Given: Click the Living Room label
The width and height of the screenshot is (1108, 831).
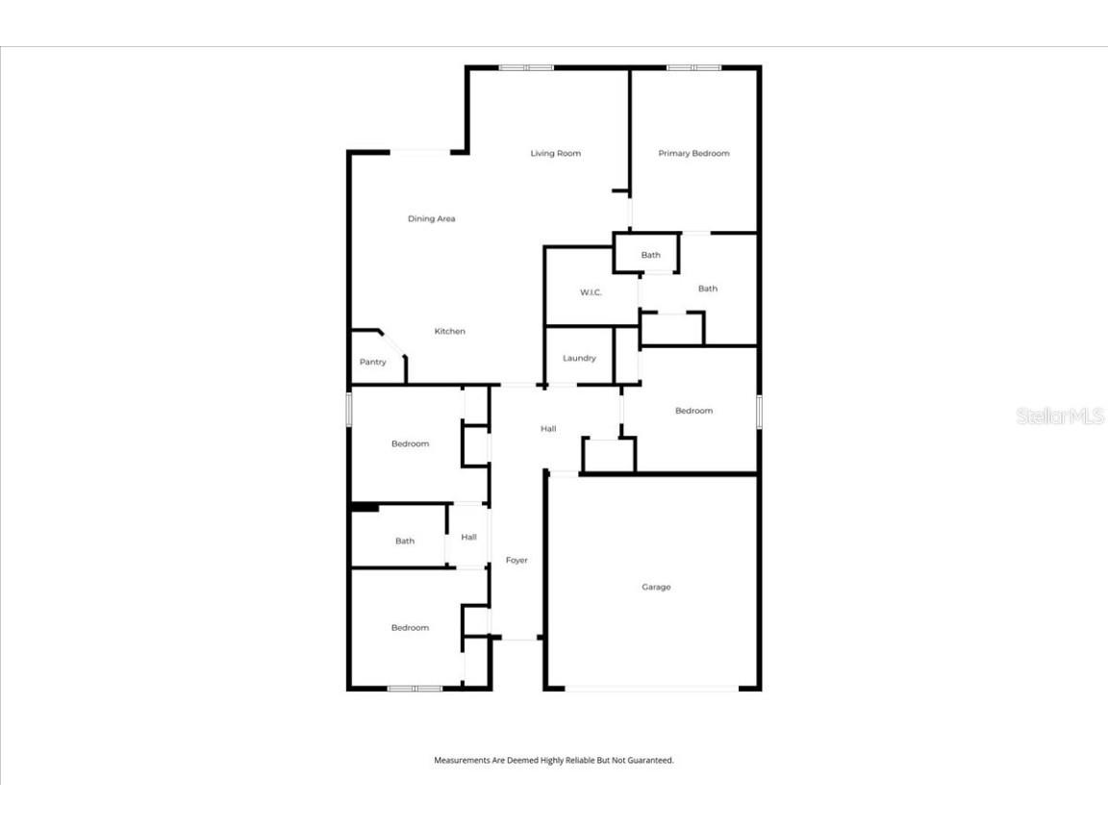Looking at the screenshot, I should coord(555,153).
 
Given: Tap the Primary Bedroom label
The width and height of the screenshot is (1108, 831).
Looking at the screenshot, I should coord(693,153).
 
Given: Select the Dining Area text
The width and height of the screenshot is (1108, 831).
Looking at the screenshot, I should coord(431,218).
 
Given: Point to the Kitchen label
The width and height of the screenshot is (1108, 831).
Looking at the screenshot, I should coord(449,331).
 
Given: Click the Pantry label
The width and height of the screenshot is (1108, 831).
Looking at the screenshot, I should coord(372,362).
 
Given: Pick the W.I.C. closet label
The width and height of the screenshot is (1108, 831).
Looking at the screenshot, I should coord(591,292).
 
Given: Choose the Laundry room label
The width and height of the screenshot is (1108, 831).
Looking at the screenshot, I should coord(579,358).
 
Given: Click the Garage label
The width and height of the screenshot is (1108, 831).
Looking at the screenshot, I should coord(656,587).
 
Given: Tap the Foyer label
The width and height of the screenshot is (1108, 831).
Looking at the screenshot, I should coord(516,560).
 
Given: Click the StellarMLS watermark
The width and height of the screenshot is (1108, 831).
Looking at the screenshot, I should coord(1059,415).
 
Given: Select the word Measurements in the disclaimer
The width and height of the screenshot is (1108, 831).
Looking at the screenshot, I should coord(465,760).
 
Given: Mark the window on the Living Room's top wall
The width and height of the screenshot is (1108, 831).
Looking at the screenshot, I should coord(526,67).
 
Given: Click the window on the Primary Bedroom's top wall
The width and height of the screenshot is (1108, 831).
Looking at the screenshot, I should coord(693,67).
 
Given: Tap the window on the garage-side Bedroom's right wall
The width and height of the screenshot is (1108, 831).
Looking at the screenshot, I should coord(759,412).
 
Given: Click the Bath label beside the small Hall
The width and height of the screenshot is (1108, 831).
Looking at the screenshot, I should coord(405,541).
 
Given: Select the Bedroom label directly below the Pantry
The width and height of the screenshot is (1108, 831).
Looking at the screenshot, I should coord(410,443).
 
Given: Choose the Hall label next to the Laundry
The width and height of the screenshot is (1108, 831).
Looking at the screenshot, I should coord(548,428).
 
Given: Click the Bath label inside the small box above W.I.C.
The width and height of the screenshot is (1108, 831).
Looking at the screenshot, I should coord(651,255).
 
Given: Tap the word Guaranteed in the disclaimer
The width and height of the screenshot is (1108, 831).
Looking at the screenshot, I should coord(651,760).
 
